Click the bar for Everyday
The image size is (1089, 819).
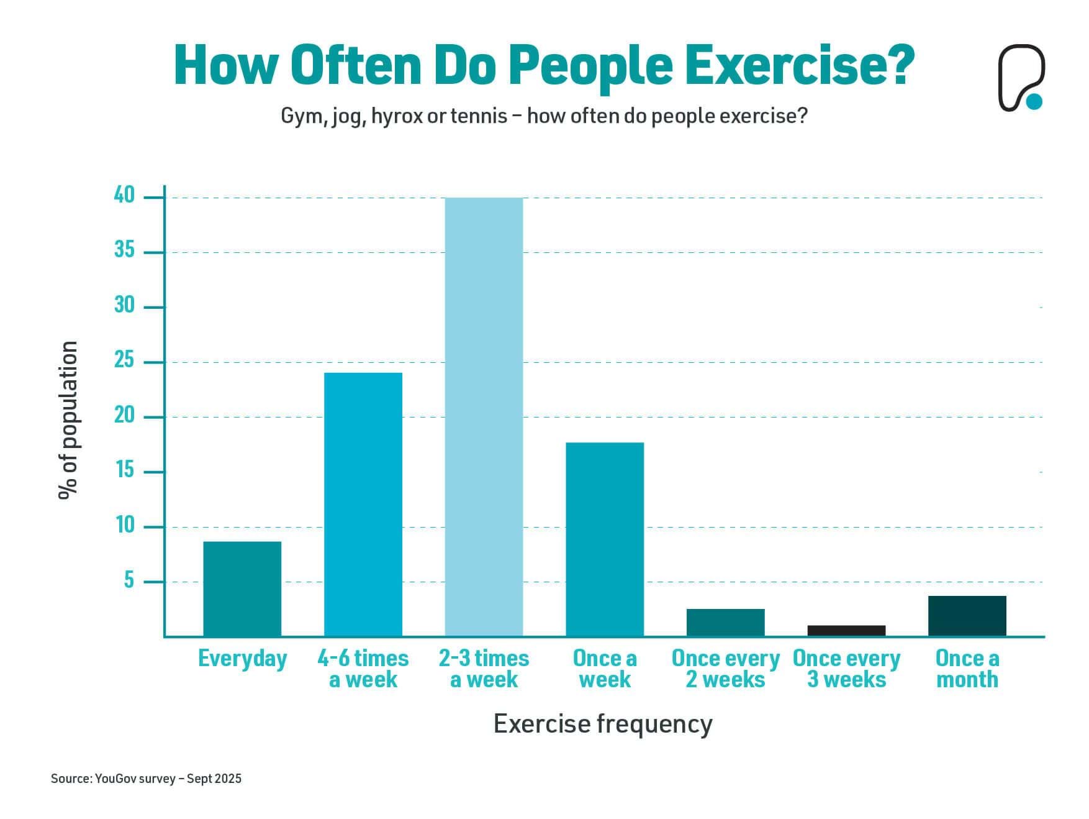(242, 588)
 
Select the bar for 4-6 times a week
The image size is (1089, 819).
(363, 504)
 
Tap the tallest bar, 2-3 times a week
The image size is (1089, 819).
(484, 416)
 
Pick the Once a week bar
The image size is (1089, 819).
(605, 539)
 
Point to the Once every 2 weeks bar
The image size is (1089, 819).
(725, 622)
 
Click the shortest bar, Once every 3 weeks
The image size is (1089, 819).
(846, 630)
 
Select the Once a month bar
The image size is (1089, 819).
(967, 616)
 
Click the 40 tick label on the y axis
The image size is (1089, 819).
(124, 195)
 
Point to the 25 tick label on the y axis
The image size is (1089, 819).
(124, 360)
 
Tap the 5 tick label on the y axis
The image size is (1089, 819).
(129, 580)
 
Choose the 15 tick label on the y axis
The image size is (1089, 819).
(124, 470)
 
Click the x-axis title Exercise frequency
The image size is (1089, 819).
(603, 724)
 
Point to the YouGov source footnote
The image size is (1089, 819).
(146, 779)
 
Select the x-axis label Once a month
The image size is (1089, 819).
(967, 669)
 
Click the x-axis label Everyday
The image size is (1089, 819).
(242, 659)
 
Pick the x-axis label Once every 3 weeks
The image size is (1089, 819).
(846, 669)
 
